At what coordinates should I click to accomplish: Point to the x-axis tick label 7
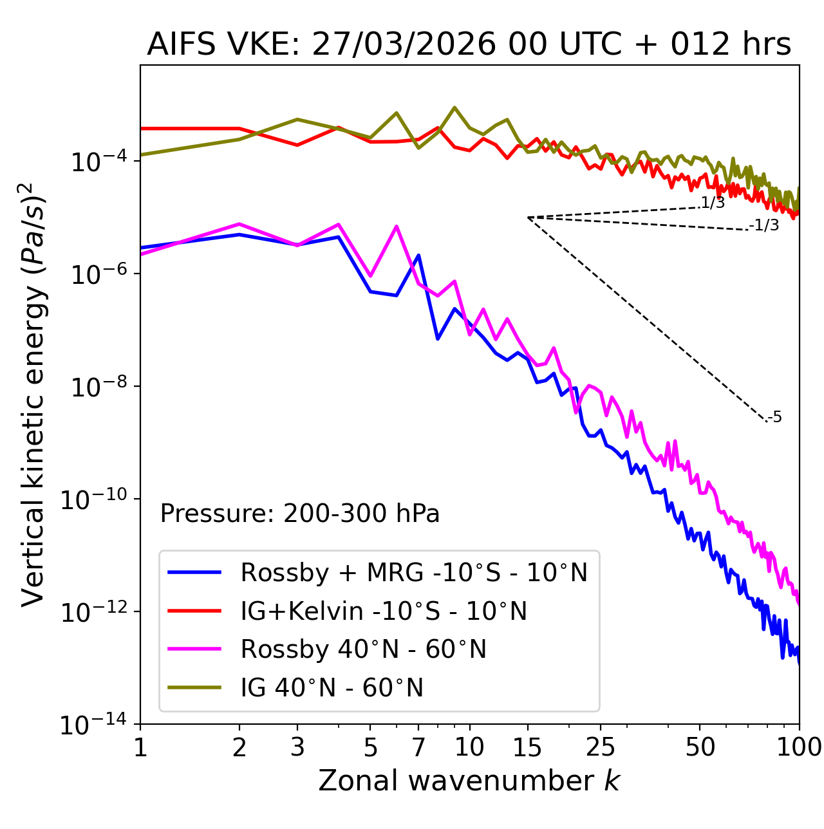point(418,747)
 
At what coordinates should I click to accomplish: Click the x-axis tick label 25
point(601,747)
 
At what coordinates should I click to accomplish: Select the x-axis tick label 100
point(799,747)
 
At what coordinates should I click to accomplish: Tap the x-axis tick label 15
point(527,747)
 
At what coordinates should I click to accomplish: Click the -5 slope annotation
point(775,417)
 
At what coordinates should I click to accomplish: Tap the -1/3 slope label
point(765,225)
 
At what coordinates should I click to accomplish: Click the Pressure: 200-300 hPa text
point(299,514)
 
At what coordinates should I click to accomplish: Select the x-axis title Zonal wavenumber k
point(469,781)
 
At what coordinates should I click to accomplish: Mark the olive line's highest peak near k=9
point(454,107)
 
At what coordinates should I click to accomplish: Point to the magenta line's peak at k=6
point(397,226)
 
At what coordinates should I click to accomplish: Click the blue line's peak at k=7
point(418,255)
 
